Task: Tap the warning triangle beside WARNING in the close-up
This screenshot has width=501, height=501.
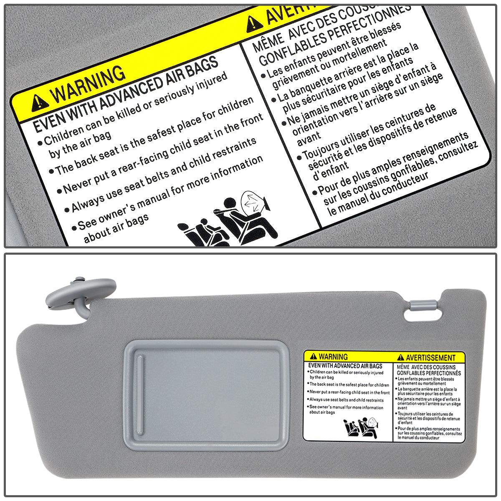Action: pos(40,101)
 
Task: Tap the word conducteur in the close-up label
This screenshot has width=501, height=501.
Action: pos(402,184)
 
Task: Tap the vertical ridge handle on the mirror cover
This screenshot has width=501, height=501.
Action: pos(140,392)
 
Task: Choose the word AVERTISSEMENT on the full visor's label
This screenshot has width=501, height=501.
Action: pos(430,358)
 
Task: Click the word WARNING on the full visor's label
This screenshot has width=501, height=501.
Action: pos(333,357)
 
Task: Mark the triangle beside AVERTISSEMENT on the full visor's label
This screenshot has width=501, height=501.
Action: pos(401,358)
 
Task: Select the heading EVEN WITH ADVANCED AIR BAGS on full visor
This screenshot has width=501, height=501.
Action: pos(345,366)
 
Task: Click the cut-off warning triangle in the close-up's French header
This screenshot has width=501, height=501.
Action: pos(254,24)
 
